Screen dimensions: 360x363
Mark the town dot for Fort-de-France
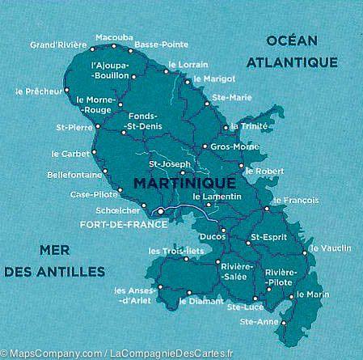(160, 212)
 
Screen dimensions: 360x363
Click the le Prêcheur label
(38, 91)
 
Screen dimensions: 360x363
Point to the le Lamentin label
(217, 197)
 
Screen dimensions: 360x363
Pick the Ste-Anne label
(259, 323)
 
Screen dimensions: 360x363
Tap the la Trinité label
(248, 126)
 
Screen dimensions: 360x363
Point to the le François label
(295, 200)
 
